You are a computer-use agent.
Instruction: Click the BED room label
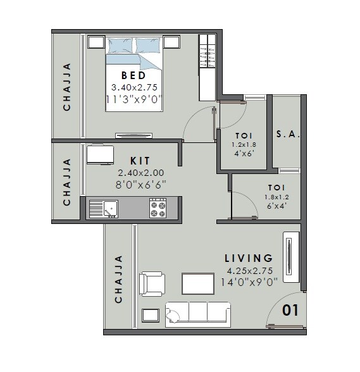(134, 76)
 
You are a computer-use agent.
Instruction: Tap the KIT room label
(140, 161)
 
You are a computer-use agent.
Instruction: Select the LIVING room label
(249, 258)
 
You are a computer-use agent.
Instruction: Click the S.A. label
(288, 135)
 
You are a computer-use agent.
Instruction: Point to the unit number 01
(290, 311)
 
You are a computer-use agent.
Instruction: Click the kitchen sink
(103, 208)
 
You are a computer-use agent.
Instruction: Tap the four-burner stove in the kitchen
(157, 208)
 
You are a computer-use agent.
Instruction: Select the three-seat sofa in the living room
(197, 313)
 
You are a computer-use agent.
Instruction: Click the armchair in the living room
(152, 283)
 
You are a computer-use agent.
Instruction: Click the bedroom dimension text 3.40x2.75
(134, 87)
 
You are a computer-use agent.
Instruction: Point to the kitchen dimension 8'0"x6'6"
(140, 184)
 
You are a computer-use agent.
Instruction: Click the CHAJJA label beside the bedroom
(67, 87)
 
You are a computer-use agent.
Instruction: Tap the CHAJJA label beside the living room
(118, 279)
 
